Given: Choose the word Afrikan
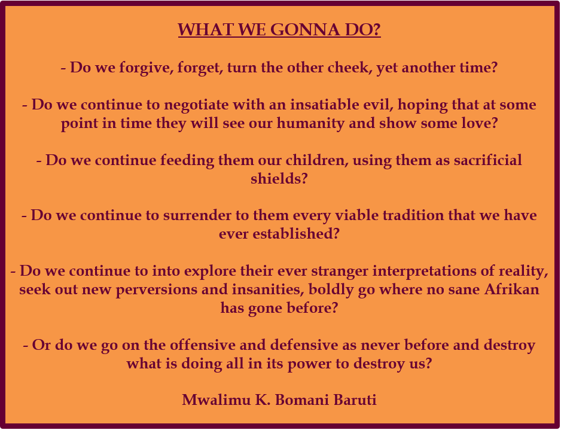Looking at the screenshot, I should [513, 289].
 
